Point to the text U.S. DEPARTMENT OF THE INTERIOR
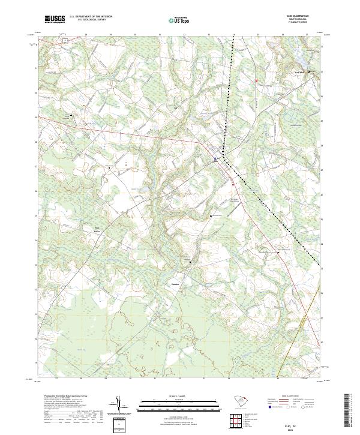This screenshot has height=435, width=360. (x=91, y=16)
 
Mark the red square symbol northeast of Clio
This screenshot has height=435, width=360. (x=256, y=80)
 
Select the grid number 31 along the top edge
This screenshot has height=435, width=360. (x=160, y=34)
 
